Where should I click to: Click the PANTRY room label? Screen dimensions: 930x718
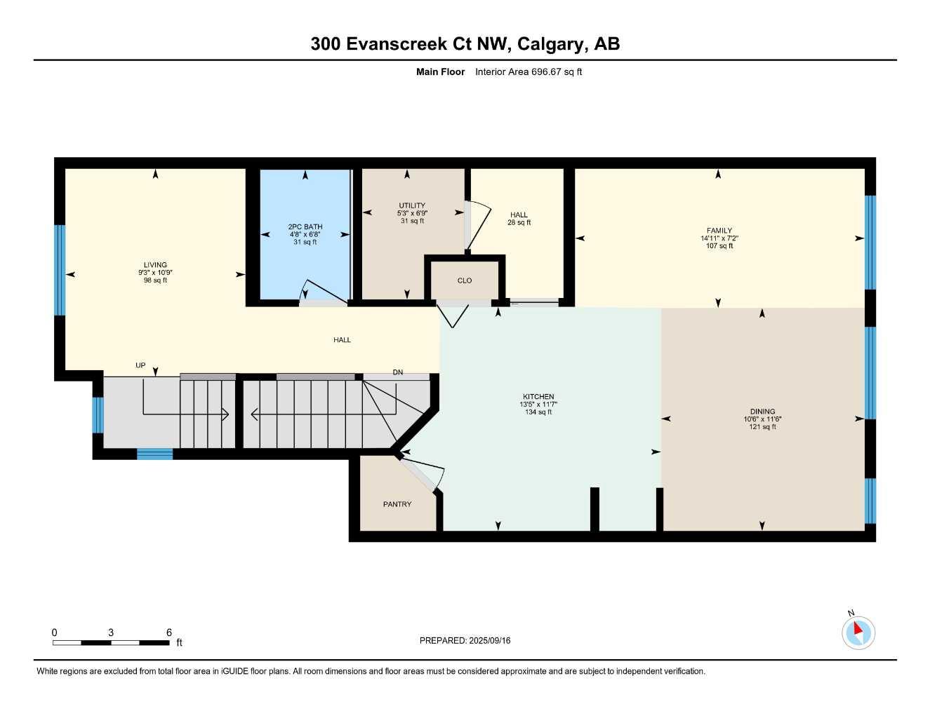point(397,504)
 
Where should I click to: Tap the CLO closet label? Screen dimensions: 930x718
point(465,280)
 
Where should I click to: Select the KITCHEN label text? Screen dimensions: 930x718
point(538,397)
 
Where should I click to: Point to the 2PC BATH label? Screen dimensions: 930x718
point(305,227)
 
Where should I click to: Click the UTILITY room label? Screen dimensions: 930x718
point(412,205)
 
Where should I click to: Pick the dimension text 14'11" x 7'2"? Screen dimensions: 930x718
point(719,238)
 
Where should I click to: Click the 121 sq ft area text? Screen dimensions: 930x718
point(763,426)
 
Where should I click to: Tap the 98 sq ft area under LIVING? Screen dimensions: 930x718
point(155,280)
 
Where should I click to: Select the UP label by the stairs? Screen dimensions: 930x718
point(140,365)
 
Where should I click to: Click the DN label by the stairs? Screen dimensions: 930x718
point(398,372)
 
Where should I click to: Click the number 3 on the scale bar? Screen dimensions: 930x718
point(111,632)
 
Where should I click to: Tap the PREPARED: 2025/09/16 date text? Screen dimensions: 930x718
point(465,641)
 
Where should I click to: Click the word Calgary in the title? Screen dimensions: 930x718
point(551,44)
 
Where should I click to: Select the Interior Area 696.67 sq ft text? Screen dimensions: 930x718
point(529,72)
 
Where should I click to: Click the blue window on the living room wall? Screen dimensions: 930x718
point(60,270)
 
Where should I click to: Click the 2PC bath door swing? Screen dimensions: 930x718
point(324,292)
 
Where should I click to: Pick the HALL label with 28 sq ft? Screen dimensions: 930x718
point(519,218)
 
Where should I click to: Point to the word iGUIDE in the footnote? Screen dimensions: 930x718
point(234,672)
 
